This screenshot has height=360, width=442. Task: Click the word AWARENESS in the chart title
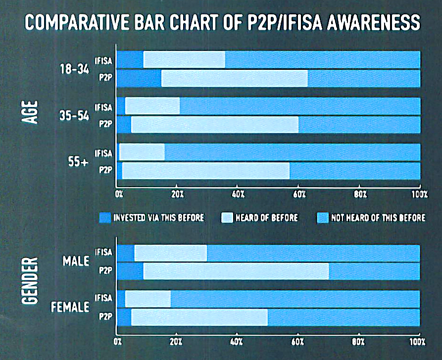click(374, 22)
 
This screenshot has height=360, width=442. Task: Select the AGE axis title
click(30, 112)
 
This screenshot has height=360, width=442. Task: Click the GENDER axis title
click(30, 281)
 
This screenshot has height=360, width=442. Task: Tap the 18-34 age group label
click(74, 69)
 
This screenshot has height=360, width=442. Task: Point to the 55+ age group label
click(78, 161)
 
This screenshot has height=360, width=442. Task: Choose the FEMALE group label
click(70, 307)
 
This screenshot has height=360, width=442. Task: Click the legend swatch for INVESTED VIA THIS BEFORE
click(105, 218)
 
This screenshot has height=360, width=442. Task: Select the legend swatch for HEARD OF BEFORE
click(227, 218)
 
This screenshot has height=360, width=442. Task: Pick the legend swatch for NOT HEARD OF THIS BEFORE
click(323, 218)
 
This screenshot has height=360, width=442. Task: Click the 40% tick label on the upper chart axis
click(238, 194)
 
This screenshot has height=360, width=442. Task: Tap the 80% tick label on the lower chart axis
click(358, 342)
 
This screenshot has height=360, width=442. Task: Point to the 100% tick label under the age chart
click(419, 194)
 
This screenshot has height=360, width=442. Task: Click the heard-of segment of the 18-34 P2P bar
click(235, 78)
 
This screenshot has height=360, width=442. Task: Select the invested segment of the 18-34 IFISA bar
click(130, 59)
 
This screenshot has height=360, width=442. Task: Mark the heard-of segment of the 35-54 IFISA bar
click(152, 106)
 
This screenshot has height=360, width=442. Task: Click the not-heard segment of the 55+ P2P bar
click(355, 171)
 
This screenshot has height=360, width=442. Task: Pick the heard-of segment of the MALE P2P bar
click(236, 271)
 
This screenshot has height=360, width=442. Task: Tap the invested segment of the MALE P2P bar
click(130, 271)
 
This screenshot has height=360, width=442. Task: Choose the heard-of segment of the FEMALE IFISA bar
click(148, 299)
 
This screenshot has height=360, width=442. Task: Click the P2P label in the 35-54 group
click(105, 124)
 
